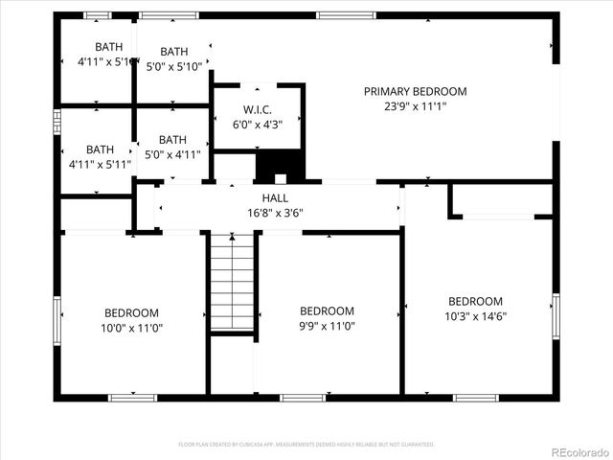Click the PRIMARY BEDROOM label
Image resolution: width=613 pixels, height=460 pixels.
pos(415,91)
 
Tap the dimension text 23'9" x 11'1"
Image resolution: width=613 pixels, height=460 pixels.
pos(415,106)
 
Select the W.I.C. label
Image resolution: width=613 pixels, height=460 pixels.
pos(259,109)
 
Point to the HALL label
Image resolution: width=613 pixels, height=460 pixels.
pos(275,197)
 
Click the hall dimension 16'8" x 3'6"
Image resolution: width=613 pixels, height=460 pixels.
pos(275,213)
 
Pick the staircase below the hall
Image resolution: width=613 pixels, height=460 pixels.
pos(232,284)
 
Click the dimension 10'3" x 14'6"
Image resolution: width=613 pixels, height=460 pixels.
pos(475,316)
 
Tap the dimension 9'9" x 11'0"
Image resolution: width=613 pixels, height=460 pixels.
pos(327,326)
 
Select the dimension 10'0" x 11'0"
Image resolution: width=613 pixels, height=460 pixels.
pos(131,328)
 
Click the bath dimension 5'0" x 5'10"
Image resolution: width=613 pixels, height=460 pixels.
pos(174,67)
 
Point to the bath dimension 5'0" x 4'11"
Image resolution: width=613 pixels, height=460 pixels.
pos(172,154)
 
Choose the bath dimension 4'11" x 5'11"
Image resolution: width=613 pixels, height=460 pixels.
pos(100,165)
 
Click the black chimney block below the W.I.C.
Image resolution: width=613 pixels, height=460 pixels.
pos(279,167)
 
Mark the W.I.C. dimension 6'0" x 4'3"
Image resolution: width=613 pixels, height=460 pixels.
pos(259,125)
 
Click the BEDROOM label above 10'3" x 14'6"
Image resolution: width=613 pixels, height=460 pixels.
pos(475,301)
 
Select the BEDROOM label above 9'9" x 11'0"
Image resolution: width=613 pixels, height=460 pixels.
pos(327,310)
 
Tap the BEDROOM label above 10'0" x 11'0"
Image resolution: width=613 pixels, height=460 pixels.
pos(131,312)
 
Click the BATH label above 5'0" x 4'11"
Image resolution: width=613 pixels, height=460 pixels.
pos(172,139)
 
